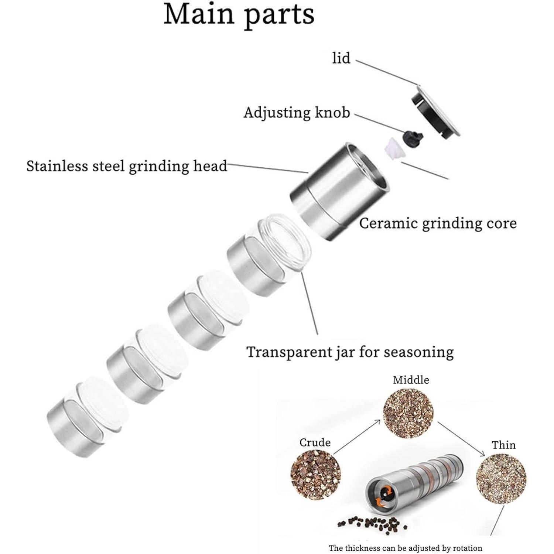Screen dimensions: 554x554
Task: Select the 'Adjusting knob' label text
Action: click(x=297, y=113)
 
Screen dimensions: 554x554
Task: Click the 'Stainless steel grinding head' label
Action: click(x=127, y=166)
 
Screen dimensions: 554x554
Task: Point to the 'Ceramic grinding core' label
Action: click(x=438, y=223)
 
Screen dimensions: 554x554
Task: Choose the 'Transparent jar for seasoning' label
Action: click(x=350, y=352)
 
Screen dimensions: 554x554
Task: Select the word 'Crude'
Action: click(x=315, y=442)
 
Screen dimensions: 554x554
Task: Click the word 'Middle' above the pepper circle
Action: click(x=411, y=380)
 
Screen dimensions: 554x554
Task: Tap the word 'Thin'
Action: click(x=503, y=445)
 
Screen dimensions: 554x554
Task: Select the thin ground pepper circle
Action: click(x=501, y=478)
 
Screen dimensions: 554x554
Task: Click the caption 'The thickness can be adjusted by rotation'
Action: click(x=405, y=548)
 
